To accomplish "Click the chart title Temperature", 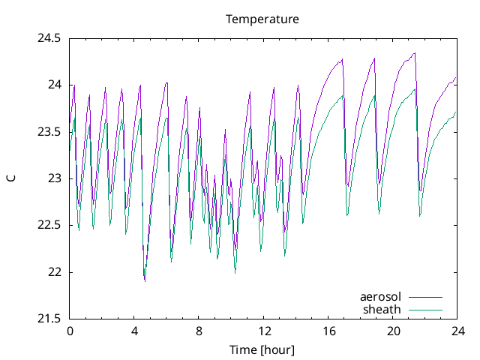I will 262,19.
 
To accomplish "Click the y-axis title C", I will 10,178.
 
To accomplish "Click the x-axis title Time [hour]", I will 262,350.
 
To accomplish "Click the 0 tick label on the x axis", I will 70,331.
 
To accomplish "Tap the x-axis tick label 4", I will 134,331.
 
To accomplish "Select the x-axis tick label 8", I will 199,331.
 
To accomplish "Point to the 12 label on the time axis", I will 264,331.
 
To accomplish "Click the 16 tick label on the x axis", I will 328,331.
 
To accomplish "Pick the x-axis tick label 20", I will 393,331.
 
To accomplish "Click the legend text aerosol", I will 381,298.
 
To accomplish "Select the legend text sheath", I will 382,309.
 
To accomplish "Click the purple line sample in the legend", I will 424,298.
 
